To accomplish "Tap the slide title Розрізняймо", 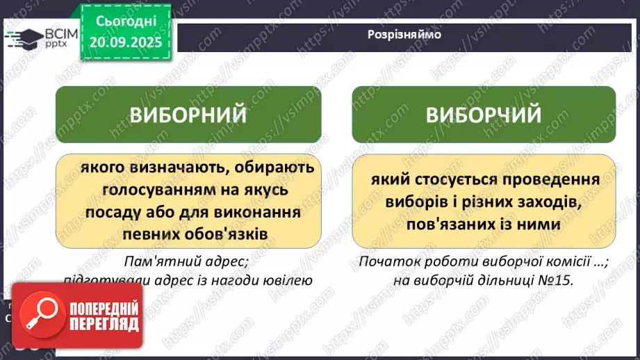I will point(404,34).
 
